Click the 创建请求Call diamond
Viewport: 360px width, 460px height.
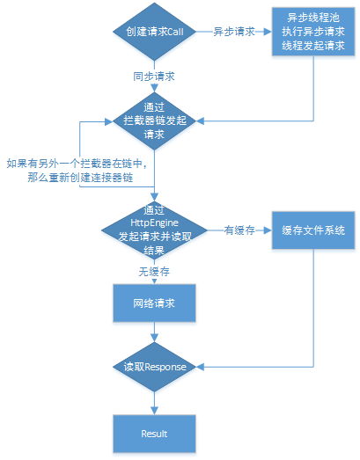click(x=154, y=32)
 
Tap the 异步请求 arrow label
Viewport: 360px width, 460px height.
click(x=233, y=32)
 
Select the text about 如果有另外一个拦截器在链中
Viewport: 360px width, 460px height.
click(x=75, y=163)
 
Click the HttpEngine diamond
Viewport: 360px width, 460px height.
click(x=154, y=230)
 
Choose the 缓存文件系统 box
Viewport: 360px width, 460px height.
click(x=312, y=230)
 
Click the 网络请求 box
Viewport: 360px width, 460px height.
click(x=154, y=303)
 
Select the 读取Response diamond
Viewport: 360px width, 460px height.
click(x=154, y=367)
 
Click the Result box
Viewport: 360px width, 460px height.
click(x=154, y=434)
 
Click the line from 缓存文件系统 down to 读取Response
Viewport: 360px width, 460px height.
click(x=313, y=308)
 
